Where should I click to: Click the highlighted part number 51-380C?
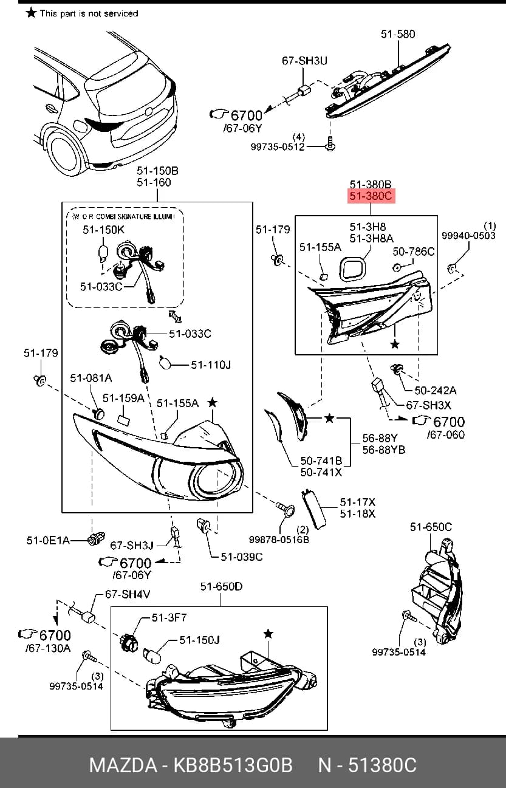tap(371, 196)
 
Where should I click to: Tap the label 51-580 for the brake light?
tap(398, 34)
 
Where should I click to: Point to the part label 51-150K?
tap(103, 230)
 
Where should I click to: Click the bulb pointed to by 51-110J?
tap(165, 362)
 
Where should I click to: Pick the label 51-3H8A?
tap(371, 239)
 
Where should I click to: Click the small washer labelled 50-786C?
tap(397, 267)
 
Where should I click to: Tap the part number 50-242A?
tap(436, 390)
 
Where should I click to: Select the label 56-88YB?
tap(384, 450)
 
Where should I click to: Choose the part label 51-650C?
tap(431, 527)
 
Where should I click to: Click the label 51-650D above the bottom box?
tap(221, 586)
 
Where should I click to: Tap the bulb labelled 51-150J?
tap(152, 655)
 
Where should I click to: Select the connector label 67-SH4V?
tap(128, 594)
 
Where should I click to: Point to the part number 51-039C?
tap(242, 557)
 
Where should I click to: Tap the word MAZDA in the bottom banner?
tap(123, 765)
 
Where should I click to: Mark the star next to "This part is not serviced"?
tap(32, 13)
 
